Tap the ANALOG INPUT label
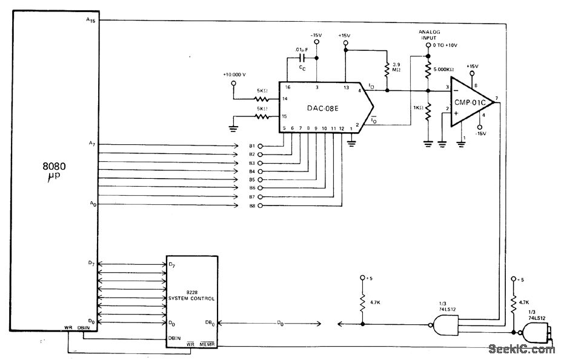click(x=428, y=35)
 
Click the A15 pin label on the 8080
click(x=91, y=20)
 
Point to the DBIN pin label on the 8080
click(x=84, y=328)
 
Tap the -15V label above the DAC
click(x=316, y=35)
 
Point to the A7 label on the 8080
click(x=91, y=144)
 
